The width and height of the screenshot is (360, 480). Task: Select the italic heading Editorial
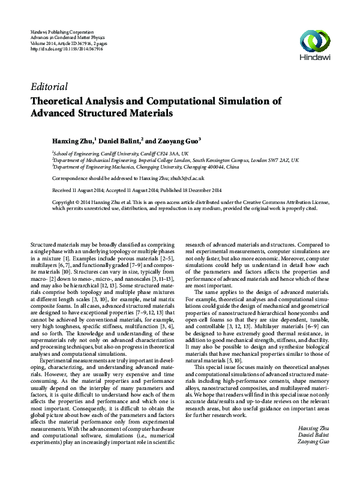point(50,86)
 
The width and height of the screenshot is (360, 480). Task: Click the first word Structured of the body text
point(44,245)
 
